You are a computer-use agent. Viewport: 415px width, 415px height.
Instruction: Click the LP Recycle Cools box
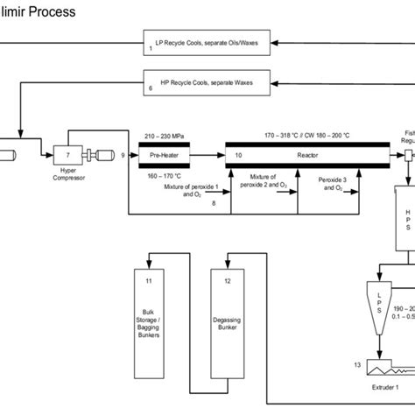[x=205, y=41]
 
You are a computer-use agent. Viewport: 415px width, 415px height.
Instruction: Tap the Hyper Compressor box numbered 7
[x=67, y=155]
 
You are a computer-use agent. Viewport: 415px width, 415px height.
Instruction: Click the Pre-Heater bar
[x=164, y=154]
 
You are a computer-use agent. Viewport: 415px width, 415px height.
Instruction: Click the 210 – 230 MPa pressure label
[x=163, y=136]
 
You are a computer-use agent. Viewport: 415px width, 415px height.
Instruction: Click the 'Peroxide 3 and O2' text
[x=334, y=182]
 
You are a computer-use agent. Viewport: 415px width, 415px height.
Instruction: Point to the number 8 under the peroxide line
[x=213, y=203]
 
